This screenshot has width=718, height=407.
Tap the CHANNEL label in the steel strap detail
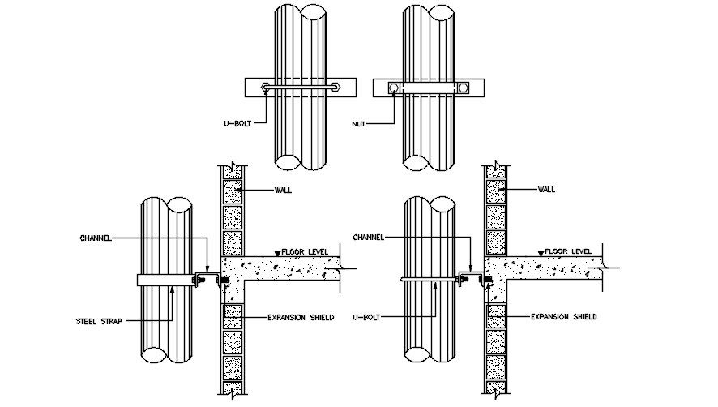point(95,238)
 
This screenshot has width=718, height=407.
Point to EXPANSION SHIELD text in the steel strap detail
point(301,317)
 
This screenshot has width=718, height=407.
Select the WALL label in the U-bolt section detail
point(546,190)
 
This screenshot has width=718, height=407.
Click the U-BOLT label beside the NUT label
point(239,124)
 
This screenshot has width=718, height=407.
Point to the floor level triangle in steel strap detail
point(278,253)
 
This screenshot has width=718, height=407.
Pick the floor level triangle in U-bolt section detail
point(541,253)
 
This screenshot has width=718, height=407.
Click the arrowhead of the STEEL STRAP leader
point(173,288)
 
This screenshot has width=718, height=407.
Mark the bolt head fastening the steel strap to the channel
point(195,280)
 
